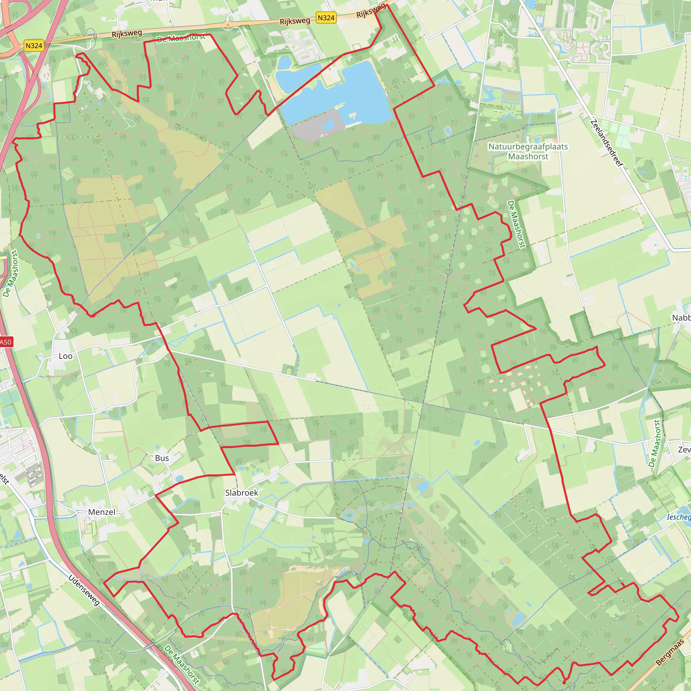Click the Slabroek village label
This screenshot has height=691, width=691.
click(242, 493)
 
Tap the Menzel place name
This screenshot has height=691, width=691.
click(102, 512)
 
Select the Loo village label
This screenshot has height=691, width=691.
click(65, 356)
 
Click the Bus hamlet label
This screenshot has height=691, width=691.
click(162, 458)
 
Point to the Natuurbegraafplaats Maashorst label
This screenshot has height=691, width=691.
click(528, 151)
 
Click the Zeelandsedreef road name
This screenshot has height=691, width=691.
click(607, 143)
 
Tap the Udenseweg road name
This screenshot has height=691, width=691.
click(84, 590)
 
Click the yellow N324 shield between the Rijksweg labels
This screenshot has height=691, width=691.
click(326, 18)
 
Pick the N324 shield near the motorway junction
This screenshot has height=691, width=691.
click(34, 46)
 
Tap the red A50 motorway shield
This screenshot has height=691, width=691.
click(5, 342)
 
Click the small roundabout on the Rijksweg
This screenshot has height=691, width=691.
click(227, 25)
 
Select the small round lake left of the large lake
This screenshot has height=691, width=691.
click(285, 63)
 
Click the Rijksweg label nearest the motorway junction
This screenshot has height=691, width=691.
click(127, 34)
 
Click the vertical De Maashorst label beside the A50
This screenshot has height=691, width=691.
click(11, 274)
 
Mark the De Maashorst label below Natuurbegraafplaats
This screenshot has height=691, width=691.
click(516, 224)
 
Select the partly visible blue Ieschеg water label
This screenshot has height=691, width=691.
click(679, 517)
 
